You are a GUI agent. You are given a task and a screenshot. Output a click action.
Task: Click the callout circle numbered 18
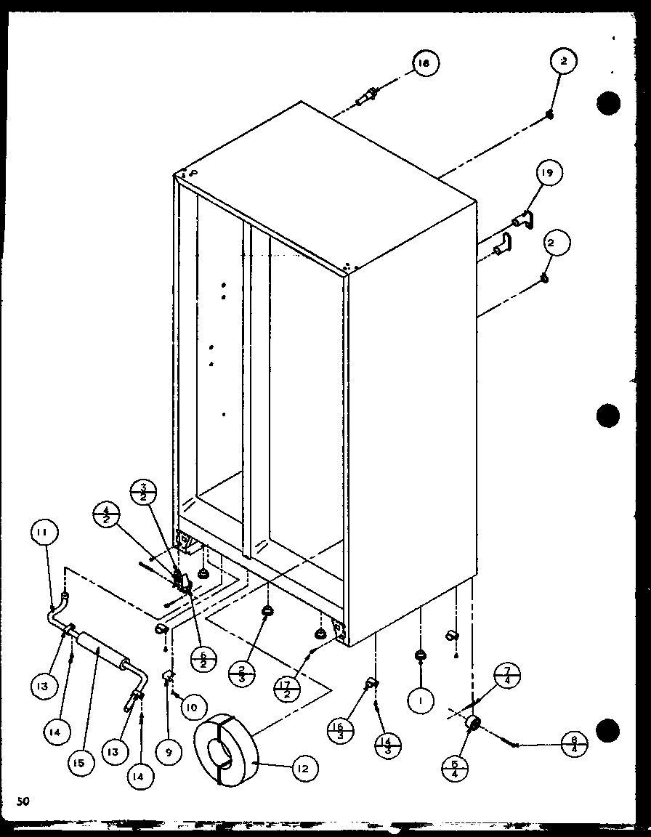(x=423, y=64)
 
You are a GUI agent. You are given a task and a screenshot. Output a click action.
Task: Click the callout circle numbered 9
(x=169, y=753)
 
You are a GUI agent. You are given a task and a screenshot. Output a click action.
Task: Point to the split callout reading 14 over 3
(x=387, y=745)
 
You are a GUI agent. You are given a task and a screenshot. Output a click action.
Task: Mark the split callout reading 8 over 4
(x=574, y=745)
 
